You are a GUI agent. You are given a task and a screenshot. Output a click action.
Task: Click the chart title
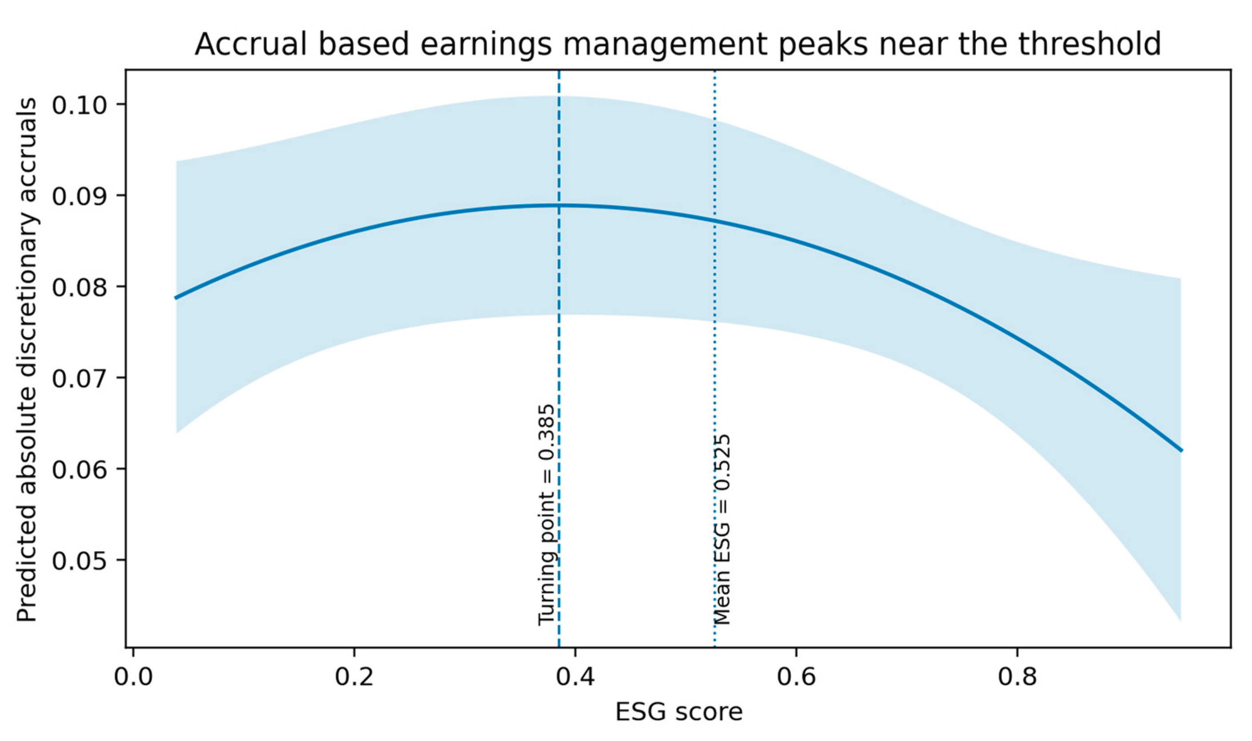677,44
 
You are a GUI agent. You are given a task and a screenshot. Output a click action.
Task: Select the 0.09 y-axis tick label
81,195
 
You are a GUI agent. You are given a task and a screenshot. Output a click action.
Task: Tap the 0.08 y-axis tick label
81,287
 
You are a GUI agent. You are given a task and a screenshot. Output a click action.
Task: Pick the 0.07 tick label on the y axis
81,377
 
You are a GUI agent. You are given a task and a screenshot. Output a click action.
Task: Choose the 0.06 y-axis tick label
81,469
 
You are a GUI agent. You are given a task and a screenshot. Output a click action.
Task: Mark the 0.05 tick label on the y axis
81,560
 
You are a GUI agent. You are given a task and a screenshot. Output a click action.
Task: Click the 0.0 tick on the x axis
133,677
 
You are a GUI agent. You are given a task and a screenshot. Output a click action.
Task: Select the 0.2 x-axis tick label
354,677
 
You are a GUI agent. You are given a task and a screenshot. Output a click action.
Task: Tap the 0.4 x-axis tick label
575,677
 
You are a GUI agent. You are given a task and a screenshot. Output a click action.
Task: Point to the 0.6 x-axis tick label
797,677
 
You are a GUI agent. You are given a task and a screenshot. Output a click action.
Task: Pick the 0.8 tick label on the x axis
1017,677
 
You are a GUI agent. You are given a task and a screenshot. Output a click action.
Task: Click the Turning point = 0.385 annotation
546,514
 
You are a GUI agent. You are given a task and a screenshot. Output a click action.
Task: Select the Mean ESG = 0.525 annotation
722,529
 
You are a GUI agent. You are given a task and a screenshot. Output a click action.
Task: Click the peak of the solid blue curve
559,205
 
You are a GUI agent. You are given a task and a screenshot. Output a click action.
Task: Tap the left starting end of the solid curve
175,298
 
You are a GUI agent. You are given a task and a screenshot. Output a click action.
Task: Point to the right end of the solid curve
1182,450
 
